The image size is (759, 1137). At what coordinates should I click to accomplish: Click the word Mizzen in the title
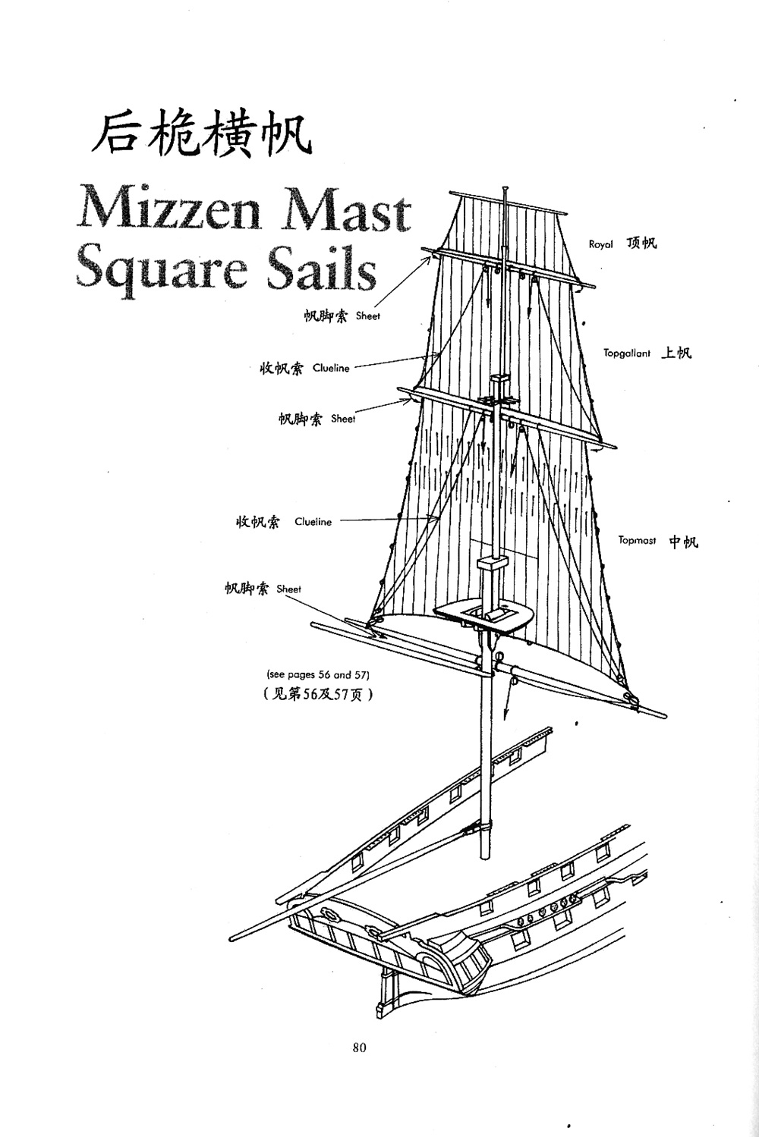point(168,209)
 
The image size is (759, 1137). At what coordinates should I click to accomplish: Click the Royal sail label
point(600,244)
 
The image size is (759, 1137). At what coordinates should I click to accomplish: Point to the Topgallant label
point(627,353)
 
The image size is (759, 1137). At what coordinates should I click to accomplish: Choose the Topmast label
point(637,541)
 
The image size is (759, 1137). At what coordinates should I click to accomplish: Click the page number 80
point(360,1047)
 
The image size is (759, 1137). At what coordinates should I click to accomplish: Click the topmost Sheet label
point(367,316)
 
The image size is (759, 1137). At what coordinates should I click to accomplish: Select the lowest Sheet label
point(288,589)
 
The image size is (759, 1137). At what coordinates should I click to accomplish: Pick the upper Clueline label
point(331,369)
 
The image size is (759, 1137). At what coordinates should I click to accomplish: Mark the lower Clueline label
point(313,522)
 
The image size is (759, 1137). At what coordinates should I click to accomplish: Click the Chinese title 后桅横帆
point(200,135)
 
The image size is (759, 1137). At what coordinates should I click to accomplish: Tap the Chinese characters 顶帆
point(642,243)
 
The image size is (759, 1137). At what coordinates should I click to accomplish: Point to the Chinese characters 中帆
point(683,542)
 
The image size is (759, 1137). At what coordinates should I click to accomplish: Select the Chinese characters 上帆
point(676,353)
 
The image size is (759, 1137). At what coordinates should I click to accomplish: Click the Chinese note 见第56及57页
point(317,694)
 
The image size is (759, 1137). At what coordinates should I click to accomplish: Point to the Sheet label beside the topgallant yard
point(343,419)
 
